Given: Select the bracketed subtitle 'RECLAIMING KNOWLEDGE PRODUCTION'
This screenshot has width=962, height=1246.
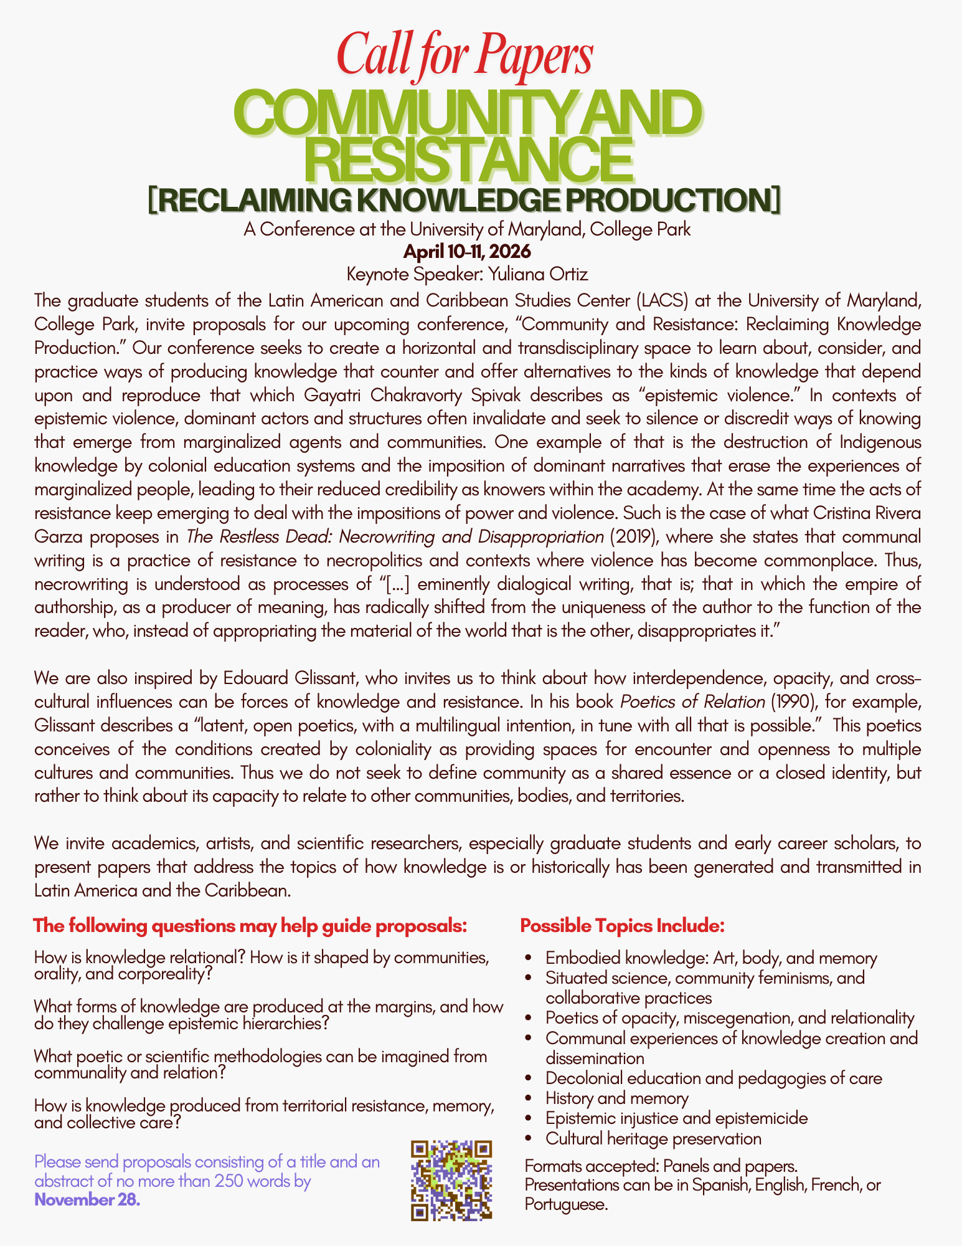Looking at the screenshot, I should (x=464, y=200).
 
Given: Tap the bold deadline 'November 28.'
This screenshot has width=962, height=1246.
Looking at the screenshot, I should (x=87, y=1199).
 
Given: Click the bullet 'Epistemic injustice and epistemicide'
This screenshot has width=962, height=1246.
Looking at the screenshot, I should (x=676, y=1118).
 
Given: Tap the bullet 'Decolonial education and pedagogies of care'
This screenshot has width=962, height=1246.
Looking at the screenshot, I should (x=714, y=1078).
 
